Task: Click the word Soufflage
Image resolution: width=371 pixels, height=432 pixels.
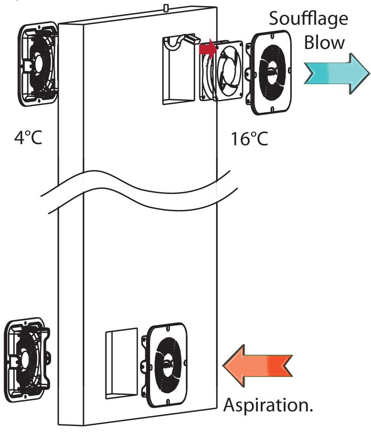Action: tap(309, 19)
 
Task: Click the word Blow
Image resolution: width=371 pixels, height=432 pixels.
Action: tap(324, 42)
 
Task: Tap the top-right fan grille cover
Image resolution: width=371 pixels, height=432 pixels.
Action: tap(272, 72)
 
